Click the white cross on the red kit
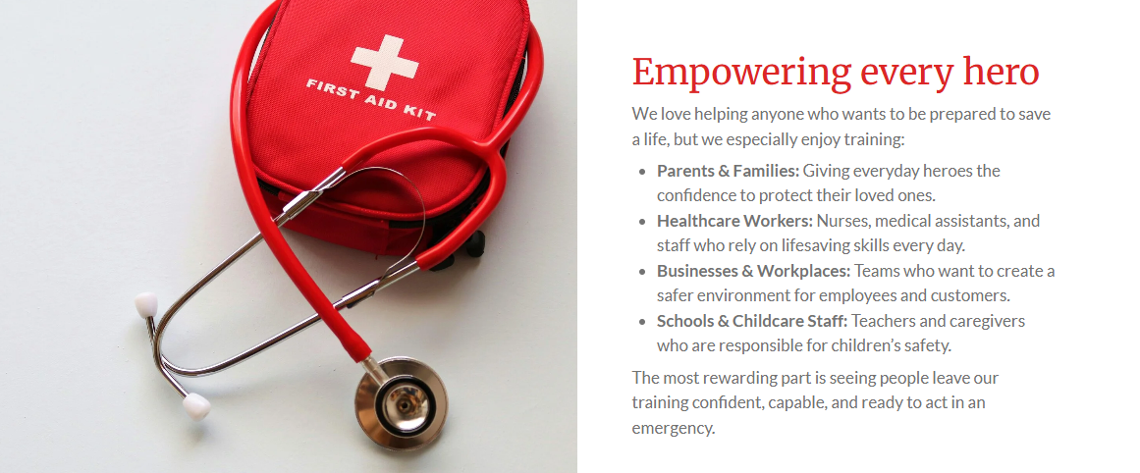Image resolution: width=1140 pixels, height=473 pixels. (384, 62)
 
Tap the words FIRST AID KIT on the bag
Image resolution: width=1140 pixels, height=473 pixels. (371, 99)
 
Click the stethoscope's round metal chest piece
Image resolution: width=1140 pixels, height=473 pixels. (401, 402)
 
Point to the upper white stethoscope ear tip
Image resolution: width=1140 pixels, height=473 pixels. (146, 304)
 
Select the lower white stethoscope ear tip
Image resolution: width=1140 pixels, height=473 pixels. (196, 406)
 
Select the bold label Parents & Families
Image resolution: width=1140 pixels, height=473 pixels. (728, 171)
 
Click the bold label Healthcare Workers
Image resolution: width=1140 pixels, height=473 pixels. (735, 220)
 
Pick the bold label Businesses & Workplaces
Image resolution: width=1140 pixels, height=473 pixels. (753, 271)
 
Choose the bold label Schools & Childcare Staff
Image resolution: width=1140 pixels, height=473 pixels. (752, 321)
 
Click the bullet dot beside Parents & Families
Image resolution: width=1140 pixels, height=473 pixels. (642, 172)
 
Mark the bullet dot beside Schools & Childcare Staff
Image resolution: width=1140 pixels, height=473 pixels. (642, 322)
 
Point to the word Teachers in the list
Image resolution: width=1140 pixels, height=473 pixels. (884, 321)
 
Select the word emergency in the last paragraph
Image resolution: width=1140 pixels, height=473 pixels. (674, 429)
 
